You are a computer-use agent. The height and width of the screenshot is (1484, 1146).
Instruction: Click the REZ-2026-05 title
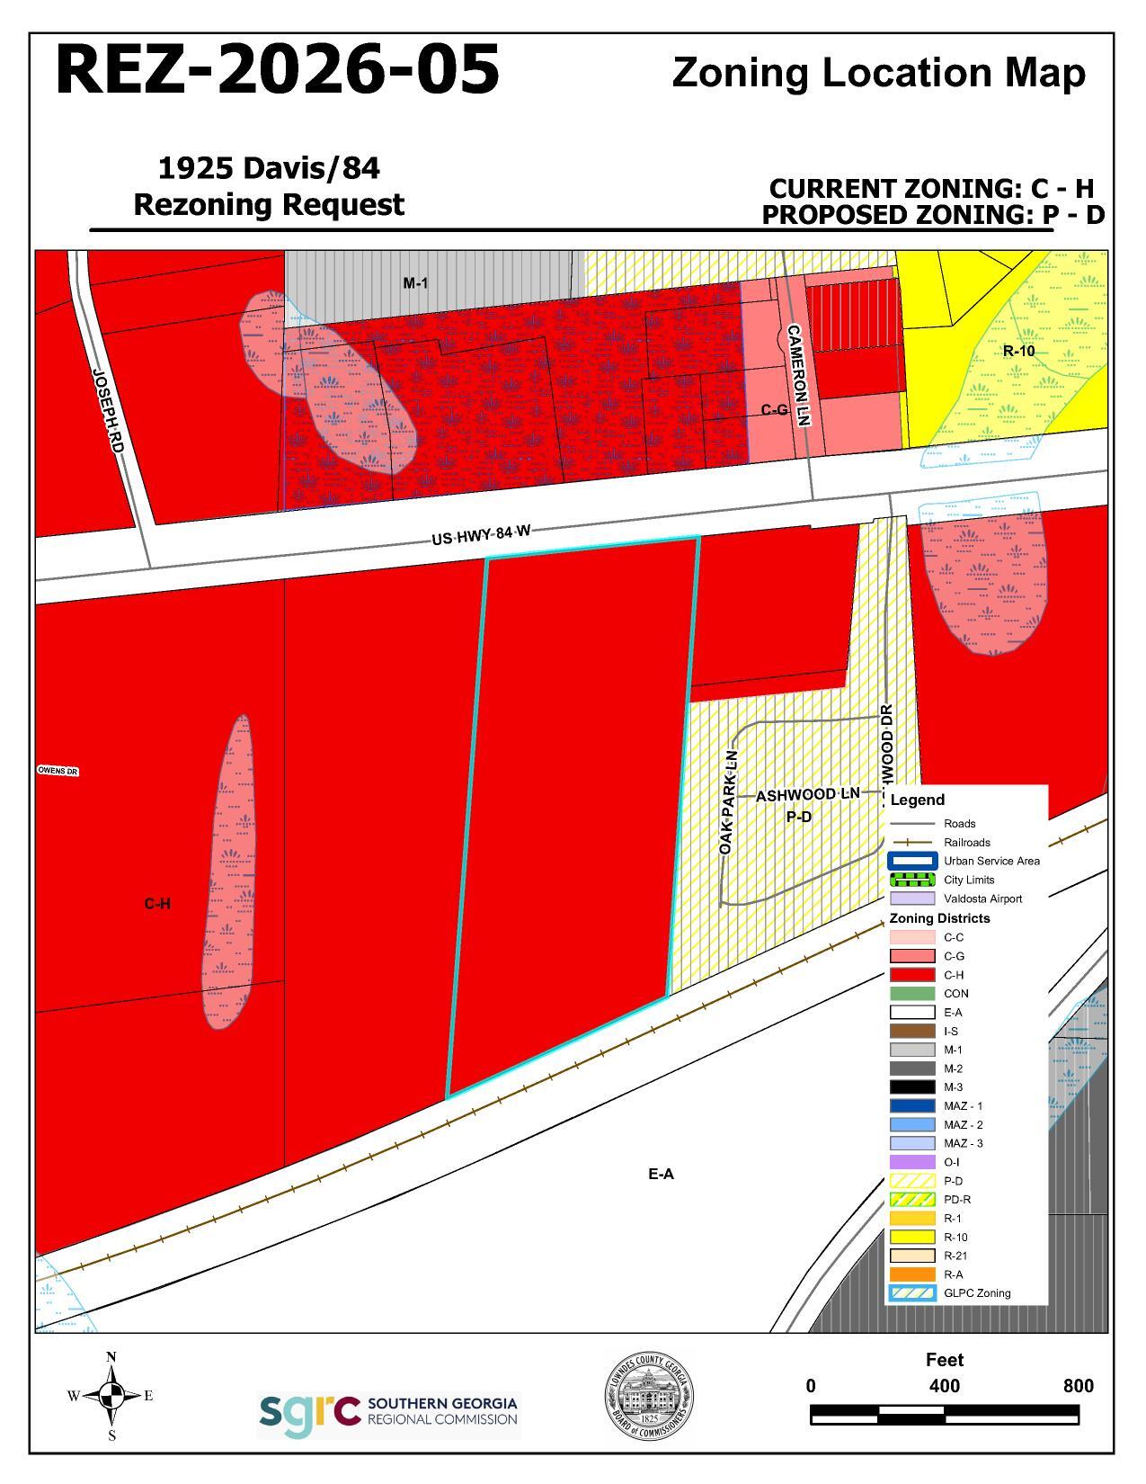[278, 70]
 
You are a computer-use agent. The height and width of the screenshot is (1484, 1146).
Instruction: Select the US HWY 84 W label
[481, 535]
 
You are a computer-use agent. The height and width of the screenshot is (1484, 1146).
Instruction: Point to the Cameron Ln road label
[799, 374]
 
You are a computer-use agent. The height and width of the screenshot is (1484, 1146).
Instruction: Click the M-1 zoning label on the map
[415, 283]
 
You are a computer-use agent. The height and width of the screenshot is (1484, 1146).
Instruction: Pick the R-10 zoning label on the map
[1018, 351]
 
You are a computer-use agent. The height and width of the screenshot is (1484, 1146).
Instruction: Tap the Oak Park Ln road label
[729, 802]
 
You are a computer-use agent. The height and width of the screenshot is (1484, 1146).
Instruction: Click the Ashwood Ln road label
[807, 795]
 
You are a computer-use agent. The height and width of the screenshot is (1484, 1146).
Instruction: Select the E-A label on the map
[661, 1174]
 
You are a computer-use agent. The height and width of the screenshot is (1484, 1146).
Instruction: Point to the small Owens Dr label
[58, 772]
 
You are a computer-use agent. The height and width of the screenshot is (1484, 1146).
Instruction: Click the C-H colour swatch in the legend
[912, 975]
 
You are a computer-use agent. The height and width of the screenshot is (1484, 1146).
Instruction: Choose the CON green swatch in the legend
[912, 994]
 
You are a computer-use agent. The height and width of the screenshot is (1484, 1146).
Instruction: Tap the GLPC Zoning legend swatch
[912, 1293]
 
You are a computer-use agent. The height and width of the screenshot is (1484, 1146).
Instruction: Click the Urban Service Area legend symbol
[912, 861]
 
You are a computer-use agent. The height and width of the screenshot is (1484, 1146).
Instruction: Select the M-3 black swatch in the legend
[912, 1087]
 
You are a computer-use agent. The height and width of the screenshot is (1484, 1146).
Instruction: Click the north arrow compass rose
[111, 1396]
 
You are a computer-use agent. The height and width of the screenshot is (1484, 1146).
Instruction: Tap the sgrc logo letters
[308, 1414]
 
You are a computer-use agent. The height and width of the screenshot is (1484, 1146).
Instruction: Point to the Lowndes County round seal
[648, 1397]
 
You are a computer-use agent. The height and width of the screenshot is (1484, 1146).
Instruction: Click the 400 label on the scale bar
[944, 1386]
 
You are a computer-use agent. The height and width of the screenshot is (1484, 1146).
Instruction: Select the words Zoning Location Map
[878, 73]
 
